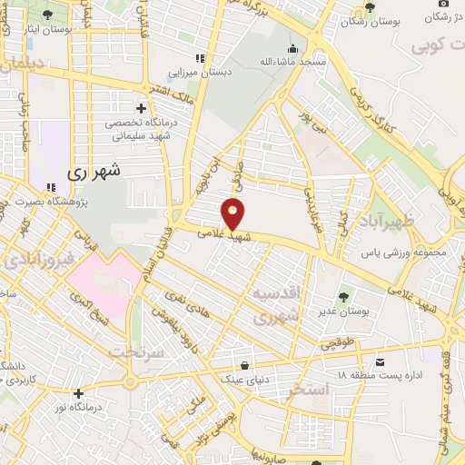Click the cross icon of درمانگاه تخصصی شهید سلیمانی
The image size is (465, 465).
point(141,107)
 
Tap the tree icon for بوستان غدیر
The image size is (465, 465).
point(344,297)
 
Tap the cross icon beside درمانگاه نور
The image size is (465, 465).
point(80,393)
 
